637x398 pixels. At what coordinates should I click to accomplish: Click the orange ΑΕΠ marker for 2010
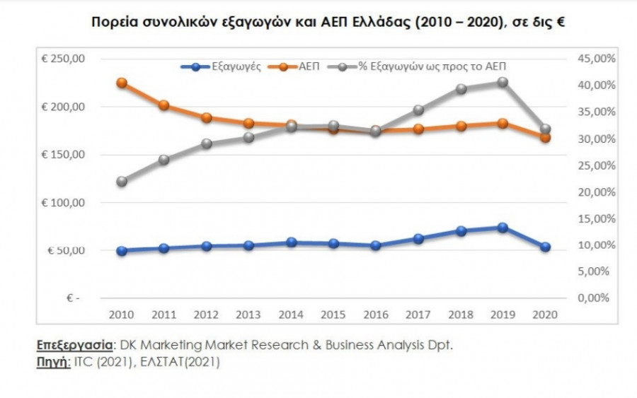click(122, 83)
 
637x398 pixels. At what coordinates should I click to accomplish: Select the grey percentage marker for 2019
click(503, 82)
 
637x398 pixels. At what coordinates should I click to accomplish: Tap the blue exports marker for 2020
click(545, 247)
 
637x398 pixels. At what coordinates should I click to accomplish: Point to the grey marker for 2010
click(122, 182)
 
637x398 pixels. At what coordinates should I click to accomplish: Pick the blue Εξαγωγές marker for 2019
click(503, 228)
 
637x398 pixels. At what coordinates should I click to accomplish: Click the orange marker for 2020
click(545, 138)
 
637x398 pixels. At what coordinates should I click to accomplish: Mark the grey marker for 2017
click(418, 110)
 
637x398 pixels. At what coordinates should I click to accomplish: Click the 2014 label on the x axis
click(292, 313)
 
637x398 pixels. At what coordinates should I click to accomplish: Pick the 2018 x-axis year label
click(461, 313)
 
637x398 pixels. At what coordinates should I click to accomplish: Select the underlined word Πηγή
click(52, 362)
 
